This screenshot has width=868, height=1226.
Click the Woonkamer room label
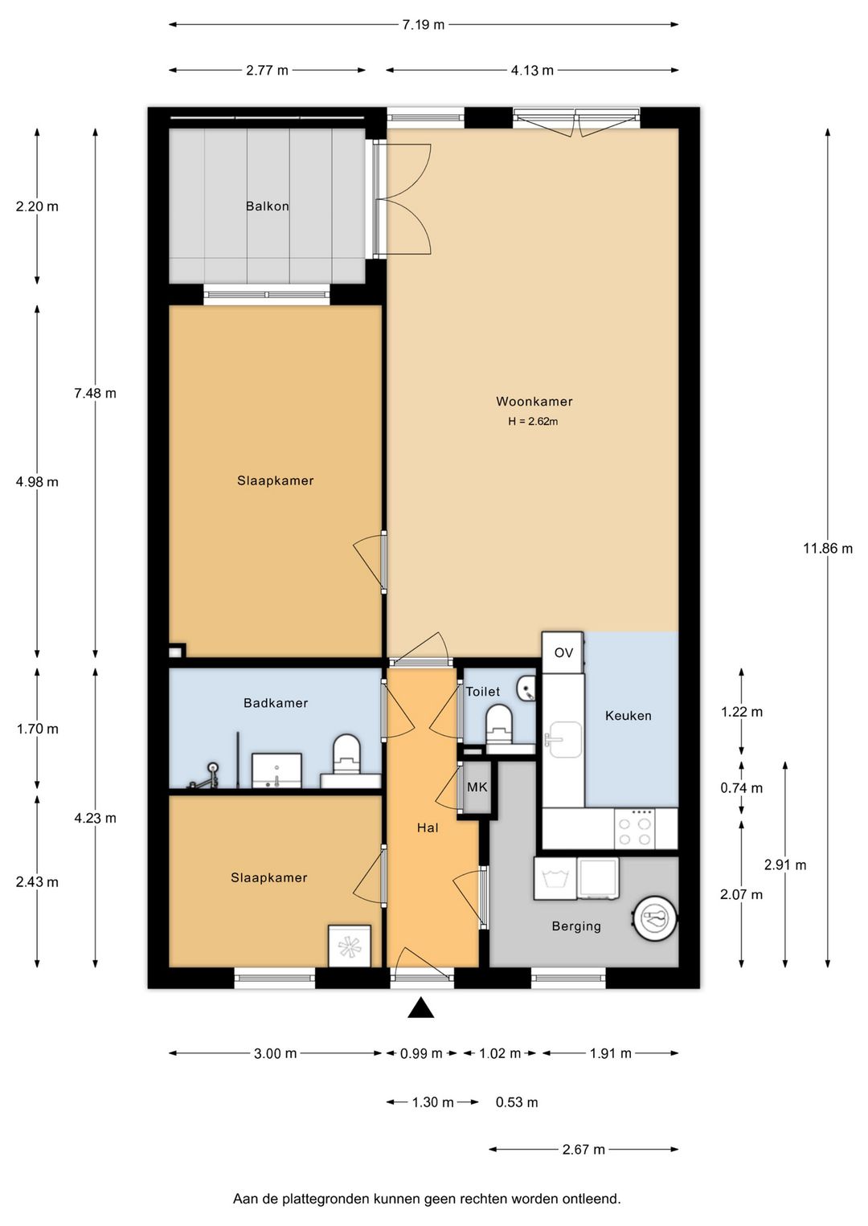click(x=534, y=402)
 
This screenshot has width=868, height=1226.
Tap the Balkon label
click(x=267, y=206)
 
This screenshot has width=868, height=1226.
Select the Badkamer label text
click(x=276, y=703)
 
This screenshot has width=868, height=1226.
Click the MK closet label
click(x=477, y=787)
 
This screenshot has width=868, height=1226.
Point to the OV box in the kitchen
click(x=563, y=652)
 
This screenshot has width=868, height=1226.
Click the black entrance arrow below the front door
click(x=420, y=1008)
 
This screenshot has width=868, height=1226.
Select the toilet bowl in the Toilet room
click(x=499, y=722)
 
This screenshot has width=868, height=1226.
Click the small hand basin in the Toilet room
click(x=526, y=688)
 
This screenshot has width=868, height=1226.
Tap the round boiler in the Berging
click(x=655, y=917)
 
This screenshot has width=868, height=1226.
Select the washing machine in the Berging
click(x=555, y=879)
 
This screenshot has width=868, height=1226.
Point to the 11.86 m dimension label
click(x=827, y=549)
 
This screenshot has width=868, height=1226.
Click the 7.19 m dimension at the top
click(x=423, y=25)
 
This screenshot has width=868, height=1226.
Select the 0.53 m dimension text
click(x=517, y=1102)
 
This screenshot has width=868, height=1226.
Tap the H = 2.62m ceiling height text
click(x=533, y=422)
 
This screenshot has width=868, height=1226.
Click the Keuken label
click(x=628, y=716)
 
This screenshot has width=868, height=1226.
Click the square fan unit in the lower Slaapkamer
click(x=350, y=946)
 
